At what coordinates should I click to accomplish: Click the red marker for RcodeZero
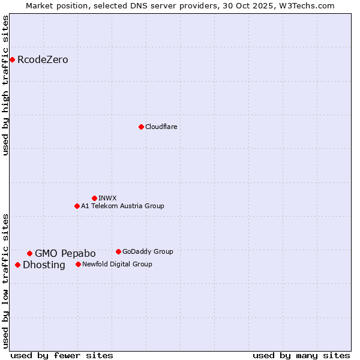pyautogui.click(x=12, y=59)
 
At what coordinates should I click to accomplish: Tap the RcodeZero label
pyautogui.click(x=43, y=60)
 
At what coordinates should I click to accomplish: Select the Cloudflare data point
pyautogui.click(x=141, y=127)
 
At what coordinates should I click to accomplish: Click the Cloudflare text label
pyautogui.click(x=161, y=127)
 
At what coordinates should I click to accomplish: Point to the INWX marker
pyautogui.click(x=94, y=198)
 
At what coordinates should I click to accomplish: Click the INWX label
pyautogui.click(x=107, y=198)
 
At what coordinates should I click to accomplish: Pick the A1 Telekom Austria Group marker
pyautogui.click(x=77, y=206)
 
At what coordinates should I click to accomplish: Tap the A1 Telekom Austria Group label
pyautogui.click(x=122, y=206)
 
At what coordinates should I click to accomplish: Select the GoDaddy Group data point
pyautogui.click(x=118, y=251)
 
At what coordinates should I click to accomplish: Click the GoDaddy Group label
pyautogui.click(x=148, y=252)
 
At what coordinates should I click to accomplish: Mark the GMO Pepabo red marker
pyautogui.click(x=29, y=253)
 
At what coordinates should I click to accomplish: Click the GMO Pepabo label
pyautogui.click(x=65, y=254)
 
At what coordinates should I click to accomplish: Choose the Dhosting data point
pyautogui.click(x=17, y=265)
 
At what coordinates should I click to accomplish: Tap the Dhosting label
pyautogui.click(x=44, y=265)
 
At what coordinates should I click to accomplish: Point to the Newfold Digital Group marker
pyautogui.click(x=78, y=264)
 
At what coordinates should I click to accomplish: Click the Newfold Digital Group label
pyautogui.click(x=117, y=265)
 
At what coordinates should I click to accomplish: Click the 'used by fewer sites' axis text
pyautogui.click(x=62, y=356)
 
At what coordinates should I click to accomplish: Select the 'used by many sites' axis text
pyautogui.click(x=301, y=356)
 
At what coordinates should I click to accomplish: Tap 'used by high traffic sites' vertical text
pyautogui.click(x=6, y=85)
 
